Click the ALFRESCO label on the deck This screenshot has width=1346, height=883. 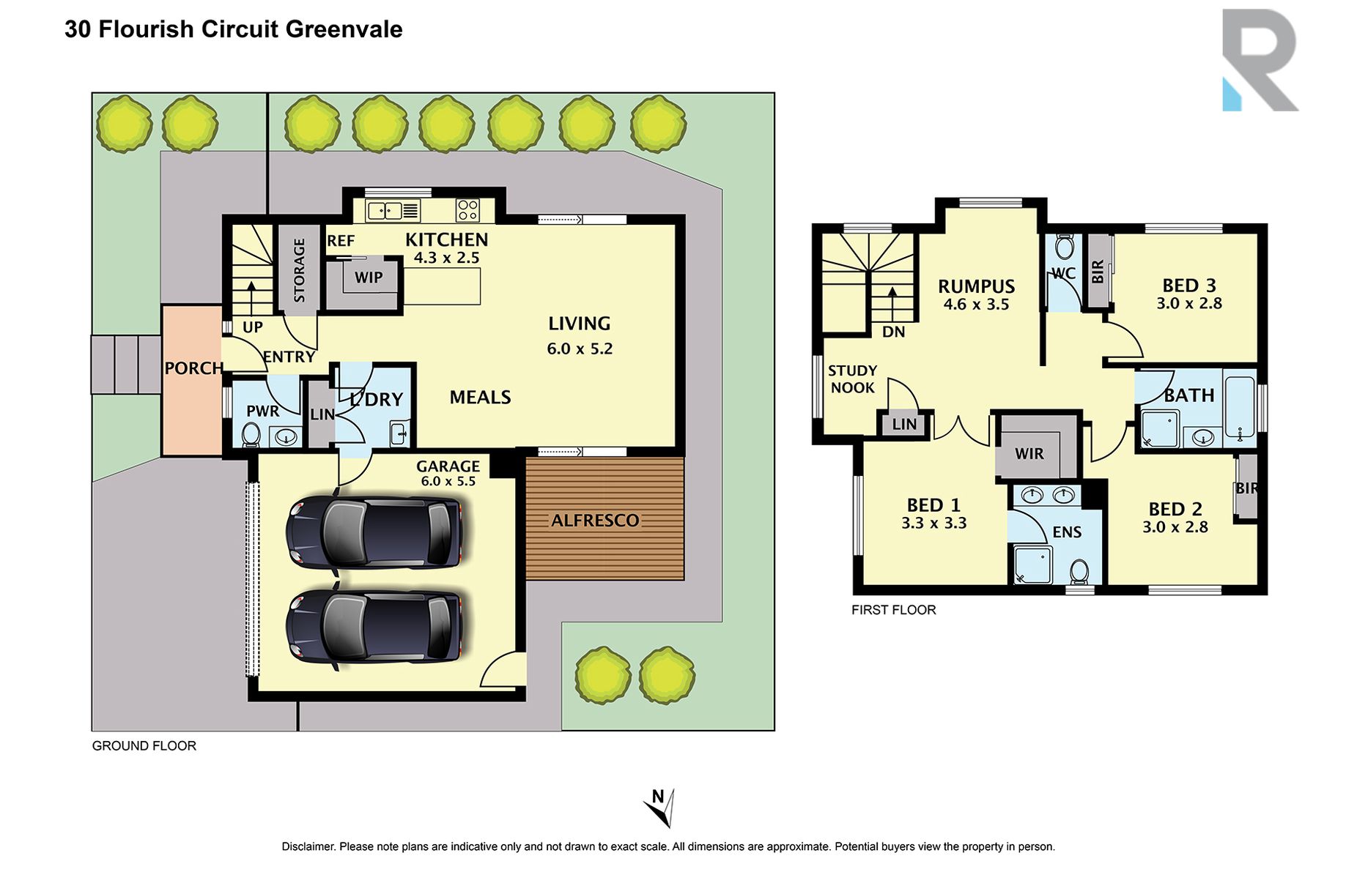pos(595,521)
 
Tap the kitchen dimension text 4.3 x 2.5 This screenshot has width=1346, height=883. pos(446,258)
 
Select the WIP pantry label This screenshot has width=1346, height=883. pos(369,277)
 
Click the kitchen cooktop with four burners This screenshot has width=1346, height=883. pos(467,210)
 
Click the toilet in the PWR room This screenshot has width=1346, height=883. pos(251,435)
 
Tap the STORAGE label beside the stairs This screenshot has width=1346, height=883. pos(299,270)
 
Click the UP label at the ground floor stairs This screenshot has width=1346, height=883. pos(252,327)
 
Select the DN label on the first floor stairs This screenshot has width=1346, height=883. pos(893,332)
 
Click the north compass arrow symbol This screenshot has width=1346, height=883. pos(661,808)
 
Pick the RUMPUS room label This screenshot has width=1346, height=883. pos(976,286)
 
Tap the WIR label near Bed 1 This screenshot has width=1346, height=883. pos(1029,454)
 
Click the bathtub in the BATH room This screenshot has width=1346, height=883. pos(1239,407)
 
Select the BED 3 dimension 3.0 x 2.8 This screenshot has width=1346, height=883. pos(1188,303)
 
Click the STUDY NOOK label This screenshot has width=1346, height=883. pos(852,379)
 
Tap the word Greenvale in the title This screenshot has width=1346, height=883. pos(344,29)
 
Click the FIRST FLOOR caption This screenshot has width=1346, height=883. pos(893,610)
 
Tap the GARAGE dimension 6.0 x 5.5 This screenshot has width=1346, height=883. pos(448,481)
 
